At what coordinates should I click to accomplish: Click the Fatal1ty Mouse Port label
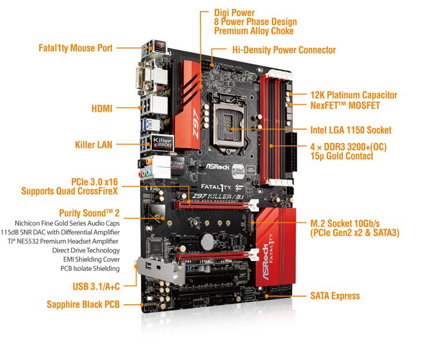75,48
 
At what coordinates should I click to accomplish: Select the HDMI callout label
102,108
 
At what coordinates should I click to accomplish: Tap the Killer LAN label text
94,145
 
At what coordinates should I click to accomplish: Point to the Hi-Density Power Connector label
284,50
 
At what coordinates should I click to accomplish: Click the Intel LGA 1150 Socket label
351,130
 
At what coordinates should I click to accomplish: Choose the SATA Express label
335,296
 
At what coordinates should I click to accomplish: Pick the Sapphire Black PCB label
83,304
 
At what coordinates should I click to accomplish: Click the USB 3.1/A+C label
96,286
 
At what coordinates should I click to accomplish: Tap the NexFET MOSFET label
345,105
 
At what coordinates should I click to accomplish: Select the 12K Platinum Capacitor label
354,95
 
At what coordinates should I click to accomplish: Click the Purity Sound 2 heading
89,213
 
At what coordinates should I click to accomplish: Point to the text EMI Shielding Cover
92,259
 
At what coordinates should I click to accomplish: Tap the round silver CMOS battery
208,241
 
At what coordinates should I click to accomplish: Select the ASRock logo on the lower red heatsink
265,262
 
